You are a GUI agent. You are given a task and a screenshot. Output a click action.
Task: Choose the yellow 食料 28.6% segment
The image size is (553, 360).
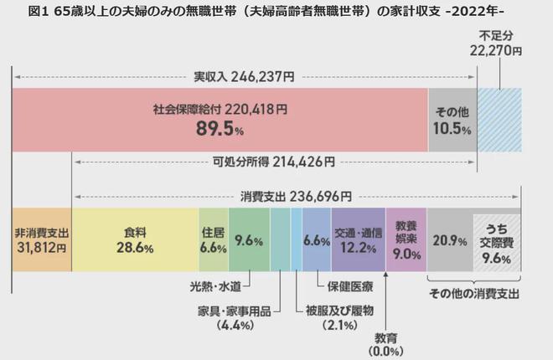click(135, 239)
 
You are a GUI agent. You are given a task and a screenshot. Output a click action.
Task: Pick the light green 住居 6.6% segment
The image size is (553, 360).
click(213, 239)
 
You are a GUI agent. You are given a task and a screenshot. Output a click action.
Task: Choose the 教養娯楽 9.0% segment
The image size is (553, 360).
click(406, 239)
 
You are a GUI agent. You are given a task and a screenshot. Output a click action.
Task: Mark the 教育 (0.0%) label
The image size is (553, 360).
click(385, 345)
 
